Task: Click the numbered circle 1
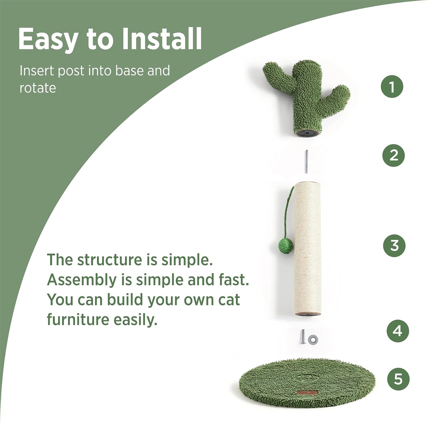tap(392, 87)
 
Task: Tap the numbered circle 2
tap(393, 155)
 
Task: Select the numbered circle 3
tap(394, 245)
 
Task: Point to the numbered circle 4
tap(398, 331)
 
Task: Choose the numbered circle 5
tap(398, 379)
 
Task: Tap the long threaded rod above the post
tap(306, 161)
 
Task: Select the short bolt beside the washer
tap(303, 337)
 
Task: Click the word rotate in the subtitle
tap(38, 88)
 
